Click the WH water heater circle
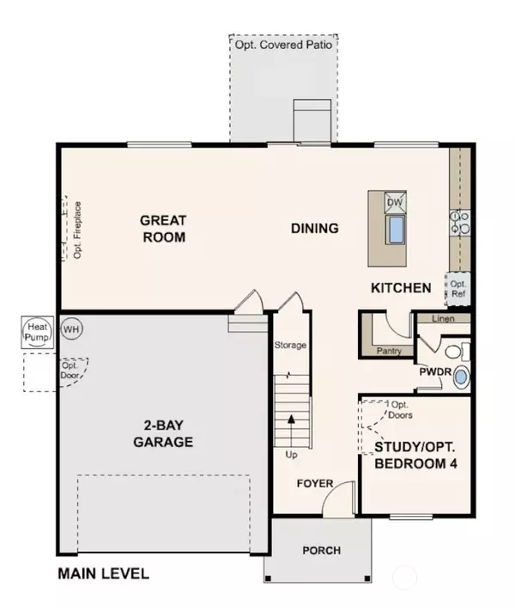point(71,329)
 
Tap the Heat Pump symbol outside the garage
point(38,332)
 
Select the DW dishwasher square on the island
point(395,202)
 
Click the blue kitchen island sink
point(396,230)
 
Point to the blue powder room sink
point(461,377)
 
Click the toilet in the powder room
point(457,352)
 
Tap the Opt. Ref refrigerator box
point(458,289)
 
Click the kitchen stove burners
point(460,223)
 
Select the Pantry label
point(389,351)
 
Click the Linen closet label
point(443,319)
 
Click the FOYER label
point(315,483)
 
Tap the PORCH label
point(322,550)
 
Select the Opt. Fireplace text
point(77,230)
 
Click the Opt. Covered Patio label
point(283,45)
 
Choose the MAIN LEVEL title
point(104,573)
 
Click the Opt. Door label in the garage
point(70,370)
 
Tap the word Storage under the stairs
point(290,345)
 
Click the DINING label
point(315,228)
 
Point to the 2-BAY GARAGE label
point(163,433)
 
